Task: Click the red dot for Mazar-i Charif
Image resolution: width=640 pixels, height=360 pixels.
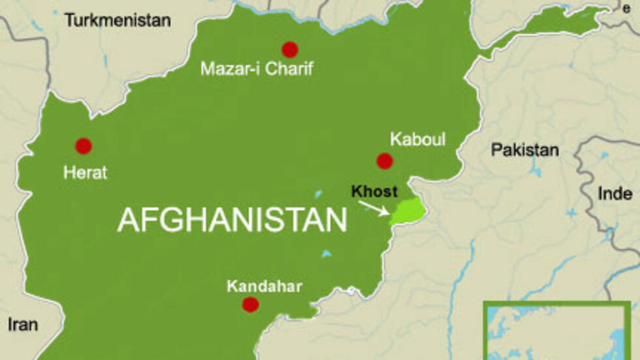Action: pos(289,49)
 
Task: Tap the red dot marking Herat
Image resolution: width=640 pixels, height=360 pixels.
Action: pos(83,146)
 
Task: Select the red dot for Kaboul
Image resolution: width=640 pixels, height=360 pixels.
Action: pos(385,161)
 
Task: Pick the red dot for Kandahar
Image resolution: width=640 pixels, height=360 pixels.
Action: pos(250,304)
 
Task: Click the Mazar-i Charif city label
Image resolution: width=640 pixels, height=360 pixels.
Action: pos(257,68)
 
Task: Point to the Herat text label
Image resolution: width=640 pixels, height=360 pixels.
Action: pos(85,173)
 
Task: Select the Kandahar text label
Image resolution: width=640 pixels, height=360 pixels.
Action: pos(256,286)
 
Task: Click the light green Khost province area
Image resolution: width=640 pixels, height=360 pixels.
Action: pos(406,212)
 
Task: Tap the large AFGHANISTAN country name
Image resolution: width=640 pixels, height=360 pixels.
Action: pos(232,221)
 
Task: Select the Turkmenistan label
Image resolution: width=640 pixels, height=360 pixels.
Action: pos(118,20)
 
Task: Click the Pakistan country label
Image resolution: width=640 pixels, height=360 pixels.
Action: pos(524,150)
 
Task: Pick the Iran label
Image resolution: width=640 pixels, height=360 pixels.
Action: pos(23,325)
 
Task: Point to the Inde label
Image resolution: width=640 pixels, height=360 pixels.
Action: pos(615,193)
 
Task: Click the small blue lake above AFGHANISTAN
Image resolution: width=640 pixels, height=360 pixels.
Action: pos(317,194)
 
